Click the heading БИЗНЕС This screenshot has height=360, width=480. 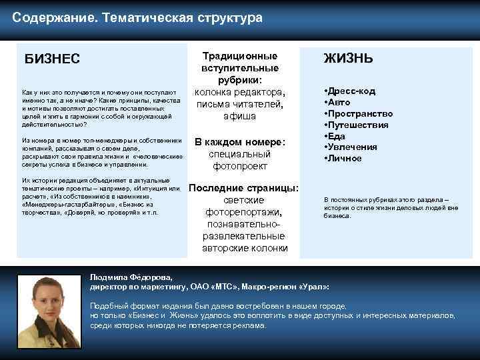pyautogui.click(x=52, y=59)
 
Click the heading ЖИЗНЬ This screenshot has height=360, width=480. pyautogui.click(x=348, y=59)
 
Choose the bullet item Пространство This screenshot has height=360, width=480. pyautogui.click(x=359, y=113)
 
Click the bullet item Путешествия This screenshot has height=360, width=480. pyautogui.click(x=359, y=125)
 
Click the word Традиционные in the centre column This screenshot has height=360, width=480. pyautogui.click(x=239, y=56)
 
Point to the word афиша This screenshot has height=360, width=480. pyautogui.click(x=239, y=116)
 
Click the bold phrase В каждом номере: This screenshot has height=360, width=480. pyautogui.click(x=239, y=141)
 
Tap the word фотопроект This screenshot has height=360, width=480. pyautogui.click(x=239, y=165)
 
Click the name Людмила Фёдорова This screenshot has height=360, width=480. pyautogui.click(x=131, y=276)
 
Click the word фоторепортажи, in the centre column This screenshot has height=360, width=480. pyautogui.click(x=243, y=212)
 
